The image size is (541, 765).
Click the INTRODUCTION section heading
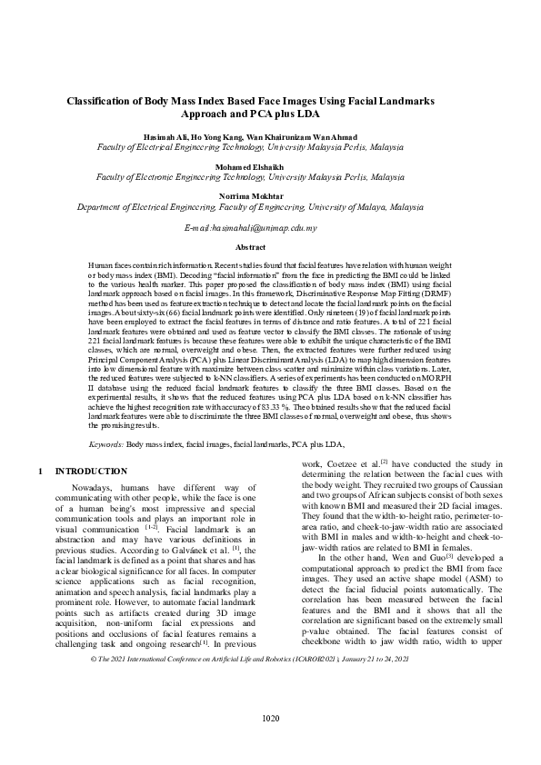click(x=91, y=472)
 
